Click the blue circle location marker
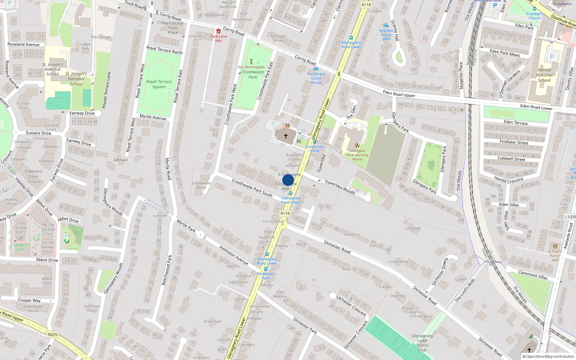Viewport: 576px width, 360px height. (288, 180)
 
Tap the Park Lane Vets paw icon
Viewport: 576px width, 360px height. (219, 31)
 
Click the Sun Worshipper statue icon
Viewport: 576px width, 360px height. (251, 62)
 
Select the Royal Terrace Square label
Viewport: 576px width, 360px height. (159, 84)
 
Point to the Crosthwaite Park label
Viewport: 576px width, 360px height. (253, 75)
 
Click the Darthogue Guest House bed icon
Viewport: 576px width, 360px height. (316, 69)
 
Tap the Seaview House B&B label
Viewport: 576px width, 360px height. (386, 35)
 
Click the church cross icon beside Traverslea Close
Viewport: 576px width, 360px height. (286, 136)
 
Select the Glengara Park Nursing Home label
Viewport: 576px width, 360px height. (357, 155)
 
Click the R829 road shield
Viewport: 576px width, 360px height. (53, 334)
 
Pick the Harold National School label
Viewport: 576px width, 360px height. (544, 75)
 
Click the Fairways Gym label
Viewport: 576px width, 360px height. (20, 247)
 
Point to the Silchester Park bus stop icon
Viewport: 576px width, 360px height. (266, 269)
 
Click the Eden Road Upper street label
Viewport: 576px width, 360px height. (399, 94)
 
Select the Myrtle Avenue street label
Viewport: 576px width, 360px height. (153, 117)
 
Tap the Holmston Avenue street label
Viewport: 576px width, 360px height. (234, 255)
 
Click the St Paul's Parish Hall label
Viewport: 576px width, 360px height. (555, 256)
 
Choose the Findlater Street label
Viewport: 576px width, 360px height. (514, 142)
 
